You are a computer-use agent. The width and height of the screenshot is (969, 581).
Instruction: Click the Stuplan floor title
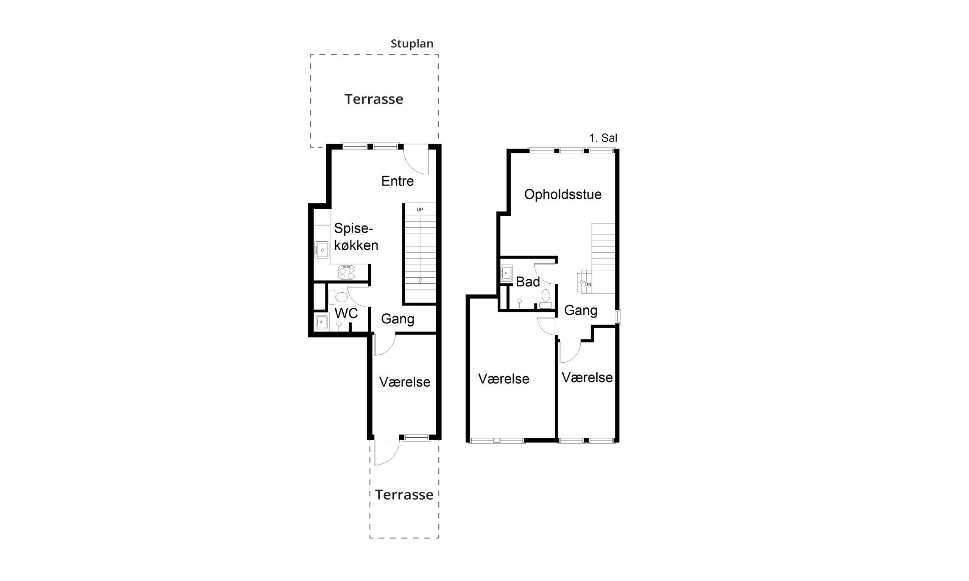412,44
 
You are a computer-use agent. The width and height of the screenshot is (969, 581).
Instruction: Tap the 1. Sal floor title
603,138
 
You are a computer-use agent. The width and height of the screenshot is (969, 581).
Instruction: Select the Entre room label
397,181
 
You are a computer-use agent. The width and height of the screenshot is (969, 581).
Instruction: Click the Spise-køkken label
356,237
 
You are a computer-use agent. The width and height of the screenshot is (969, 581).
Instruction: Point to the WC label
346,313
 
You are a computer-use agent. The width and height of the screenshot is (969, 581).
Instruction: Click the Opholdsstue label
563,194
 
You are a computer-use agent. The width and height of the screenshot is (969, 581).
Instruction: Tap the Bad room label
528,282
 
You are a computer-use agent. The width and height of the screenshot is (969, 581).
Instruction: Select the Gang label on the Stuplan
397,319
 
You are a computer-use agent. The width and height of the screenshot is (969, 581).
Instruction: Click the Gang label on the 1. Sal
581,311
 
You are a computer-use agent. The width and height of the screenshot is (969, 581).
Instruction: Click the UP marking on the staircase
420,210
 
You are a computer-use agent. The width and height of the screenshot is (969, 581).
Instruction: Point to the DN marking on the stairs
588,284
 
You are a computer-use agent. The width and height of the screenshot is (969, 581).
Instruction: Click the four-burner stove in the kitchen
347,272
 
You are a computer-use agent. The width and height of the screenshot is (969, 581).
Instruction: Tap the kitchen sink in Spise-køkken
322,250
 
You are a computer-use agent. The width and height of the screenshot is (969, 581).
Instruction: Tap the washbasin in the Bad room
506,273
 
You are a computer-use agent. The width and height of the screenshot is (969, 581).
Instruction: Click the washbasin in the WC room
322,322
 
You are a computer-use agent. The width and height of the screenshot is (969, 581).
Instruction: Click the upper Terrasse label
374,99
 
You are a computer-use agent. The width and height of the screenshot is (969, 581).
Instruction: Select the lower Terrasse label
404,495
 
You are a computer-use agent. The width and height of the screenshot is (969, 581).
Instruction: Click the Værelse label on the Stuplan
405,382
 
